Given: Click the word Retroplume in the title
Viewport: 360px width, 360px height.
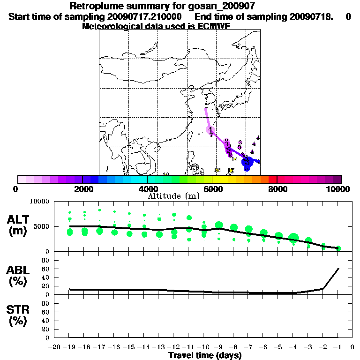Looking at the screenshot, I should [x=93, y=6].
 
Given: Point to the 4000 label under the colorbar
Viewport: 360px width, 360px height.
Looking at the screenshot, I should [x=148, y=189].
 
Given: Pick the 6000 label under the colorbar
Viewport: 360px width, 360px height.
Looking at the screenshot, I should [x=212, y=189].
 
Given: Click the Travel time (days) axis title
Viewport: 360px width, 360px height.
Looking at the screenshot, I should [x=205, y=356].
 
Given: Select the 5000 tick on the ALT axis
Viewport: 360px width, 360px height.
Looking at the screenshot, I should [x=42, y=227].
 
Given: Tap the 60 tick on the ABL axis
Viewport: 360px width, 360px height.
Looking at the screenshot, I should [x=46, y=269].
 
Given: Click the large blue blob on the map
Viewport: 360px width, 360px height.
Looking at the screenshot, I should [x=247, y=162].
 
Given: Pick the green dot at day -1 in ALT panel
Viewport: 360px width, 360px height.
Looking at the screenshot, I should [x=338, y=248].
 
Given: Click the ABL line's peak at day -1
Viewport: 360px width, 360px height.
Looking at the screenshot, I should [x=338, y=269].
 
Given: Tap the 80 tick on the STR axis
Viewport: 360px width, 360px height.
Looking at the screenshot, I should [x=46, y=303].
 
